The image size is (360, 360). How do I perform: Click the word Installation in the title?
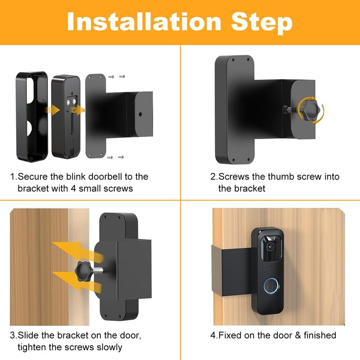144,21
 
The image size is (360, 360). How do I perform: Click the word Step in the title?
262,23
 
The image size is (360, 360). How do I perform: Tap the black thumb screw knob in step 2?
308,110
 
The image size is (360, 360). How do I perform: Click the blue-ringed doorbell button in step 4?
271,286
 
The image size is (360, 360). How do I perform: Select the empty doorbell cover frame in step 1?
32,117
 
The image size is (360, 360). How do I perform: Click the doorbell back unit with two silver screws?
66,117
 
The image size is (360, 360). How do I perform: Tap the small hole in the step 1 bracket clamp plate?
140,114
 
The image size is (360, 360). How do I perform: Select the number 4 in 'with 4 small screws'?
73,189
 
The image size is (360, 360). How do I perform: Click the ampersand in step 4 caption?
298,335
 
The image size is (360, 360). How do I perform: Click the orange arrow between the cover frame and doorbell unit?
53,110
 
